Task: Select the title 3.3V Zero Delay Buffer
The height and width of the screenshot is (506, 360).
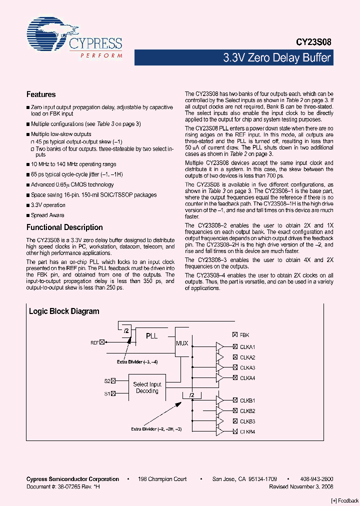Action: [x=276, y=57]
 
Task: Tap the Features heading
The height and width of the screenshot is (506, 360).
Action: [x=41, y=94]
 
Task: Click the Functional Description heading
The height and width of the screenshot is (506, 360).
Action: [x=64, y=227]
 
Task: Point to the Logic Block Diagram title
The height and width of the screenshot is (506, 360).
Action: [x=64, y=311]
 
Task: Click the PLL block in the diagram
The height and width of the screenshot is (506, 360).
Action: [x=151, y=336]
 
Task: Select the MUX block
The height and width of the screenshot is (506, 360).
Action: [x=182, y=343]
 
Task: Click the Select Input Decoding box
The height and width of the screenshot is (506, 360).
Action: [x=147, y=388]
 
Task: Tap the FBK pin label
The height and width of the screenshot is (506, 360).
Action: [x=244, y=335]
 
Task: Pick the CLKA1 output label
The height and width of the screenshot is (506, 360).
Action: [x=247, y=347]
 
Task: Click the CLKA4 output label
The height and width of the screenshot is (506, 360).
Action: [x=247, y=378]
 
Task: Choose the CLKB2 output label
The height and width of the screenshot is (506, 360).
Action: [x=247, y=411]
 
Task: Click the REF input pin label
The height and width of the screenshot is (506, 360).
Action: [x=94, y=342]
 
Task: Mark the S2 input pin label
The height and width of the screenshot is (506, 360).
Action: [x=107, y=381]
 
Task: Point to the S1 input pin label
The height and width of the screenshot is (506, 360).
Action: [x=107, y=394]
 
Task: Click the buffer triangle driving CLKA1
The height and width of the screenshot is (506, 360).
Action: [x=219, y=347]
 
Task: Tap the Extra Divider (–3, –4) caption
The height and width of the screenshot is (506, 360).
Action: [x=137, y=361]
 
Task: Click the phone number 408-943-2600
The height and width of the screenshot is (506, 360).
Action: [x=317, y=479]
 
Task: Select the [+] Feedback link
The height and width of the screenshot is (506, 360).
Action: [x=345, y=500]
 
